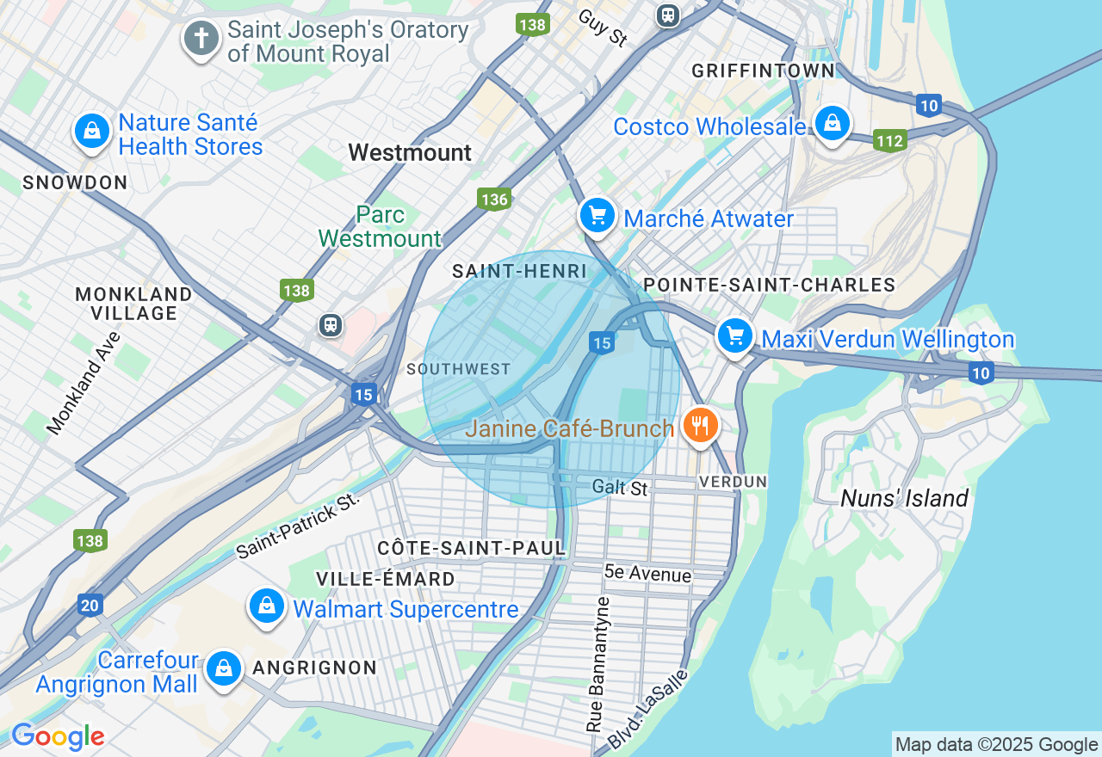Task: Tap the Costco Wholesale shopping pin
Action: (x=833, y=124)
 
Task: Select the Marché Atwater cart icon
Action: (x=597, y=216)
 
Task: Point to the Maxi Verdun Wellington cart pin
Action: (x=734, y=336)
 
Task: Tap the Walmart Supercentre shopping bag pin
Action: (x=267, y=606)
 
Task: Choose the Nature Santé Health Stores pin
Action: (x=91, y=132)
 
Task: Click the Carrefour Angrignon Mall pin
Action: (x=224, y=668)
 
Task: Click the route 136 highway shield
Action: (x=494, y=200)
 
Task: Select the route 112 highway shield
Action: (x=889, y=140)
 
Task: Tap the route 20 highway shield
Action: (x=90, y=606)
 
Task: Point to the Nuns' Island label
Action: (x=904, y=498)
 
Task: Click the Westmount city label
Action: (x=410, y=153)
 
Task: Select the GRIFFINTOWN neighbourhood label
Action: (x=763, y=71)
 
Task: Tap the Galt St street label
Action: (x=619, y=488)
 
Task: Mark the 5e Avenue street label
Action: (x=647, y=573)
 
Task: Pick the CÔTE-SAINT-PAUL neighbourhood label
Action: (x=472, y=548)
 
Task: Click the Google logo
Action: (x=58, y=736)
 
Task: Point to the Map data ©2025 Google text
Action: (x=995, y=745)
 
